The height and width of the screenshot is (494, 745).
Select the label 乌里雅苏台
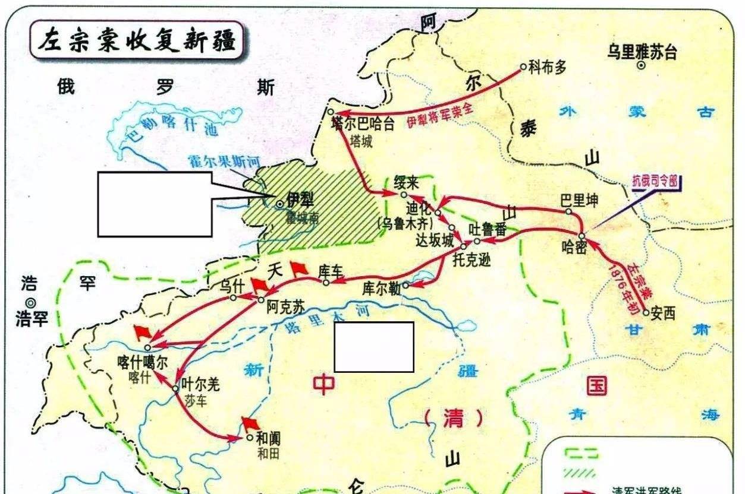click(642, 52)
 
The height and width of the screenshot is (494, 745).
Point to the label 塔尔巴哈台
click(363, 123)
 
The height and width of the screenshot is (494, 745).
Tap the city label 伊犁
click(300, 200)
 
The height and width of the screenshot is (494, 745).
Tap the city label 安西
click(663, 313)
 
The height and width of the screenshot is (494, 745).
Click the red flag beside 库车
click(299, 269)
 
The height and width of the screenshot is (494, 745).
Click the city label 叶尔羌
click(200, 384)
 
